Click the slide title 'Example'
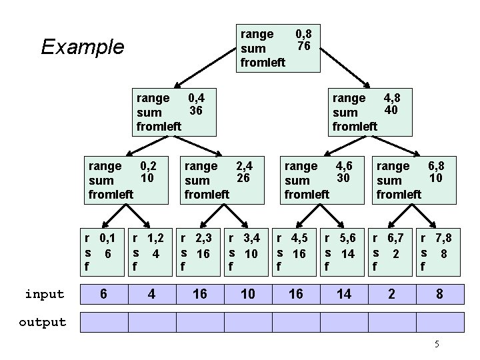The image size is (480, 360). (x=82, y=47)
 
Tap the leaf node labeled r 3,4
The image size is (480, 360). (x=247, y=251)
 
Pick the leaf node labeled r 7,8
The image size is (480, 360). (x=438, y=251)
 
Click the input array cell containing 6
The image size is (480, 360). (x=103, y=293)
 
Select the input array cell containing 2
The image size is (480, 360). (x=391, y=293)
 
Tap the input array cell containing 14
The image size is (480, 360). (x=343, y=293)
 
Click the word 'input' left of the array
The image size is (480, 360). (x=45, y=294)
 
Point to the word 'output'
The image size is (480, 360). (x=43, y=323)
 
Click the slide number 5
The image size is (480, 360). (x=437, y=344)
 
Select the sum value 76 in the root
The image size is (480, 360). (x=304, y=46)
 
